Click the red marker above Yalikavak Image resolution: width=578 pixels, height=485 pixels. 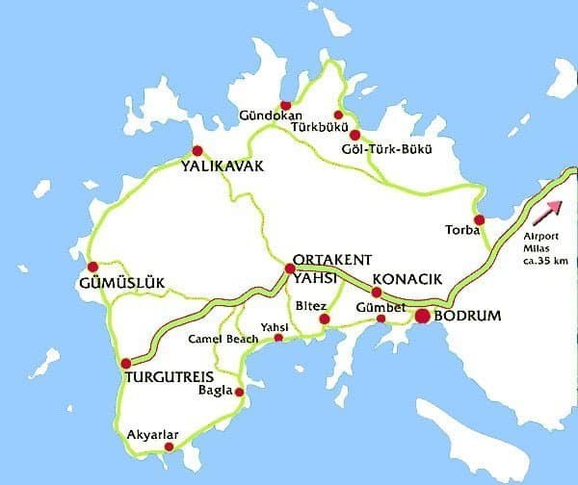point(197,150)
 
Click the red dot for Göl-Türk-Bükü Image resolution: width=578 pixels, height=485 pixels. point(355,135)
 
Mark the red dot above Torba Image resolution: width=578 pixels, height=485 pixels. point(479,219)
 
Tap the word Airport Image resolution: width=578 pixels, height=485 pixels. point(541,236)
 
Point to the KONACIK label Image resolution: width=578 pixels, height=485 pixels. point(407,279)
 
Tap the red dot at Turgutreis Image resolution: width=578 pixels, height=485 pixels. point(125,363)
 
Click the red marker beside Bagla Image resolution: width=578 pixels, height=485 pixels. point(240,393)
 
